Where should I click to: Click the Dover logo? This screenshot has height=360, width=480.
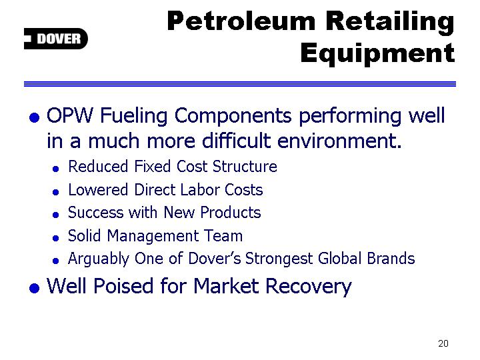[56, 39]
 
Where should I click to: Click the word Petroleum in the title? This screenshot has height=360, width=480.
[241, 21]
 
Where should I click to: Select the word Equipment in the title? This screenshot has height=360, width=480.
[378, 54]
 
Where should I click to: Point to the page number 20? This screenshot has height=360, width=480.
[443, 343]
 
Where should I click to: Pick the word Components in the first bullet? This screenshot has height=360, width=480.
[233, 117]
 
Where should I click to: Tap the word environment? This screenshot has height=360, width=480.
[339, 141]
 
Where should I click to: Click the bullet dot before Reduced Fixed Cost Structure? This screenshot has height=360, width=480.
[55, 169]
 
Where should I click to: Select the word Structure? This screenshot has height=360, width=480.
[245, 167]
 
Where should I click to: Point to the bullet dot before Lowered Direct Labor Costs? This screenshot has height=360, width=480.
[55, 192]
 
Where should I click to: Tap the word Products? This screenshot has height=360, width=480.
[231, 213]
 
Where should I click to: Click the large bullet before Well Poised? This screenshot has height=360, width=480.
[34, 288]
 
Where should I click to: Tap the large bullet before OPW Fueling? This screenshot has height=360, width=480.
[34, 117]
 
